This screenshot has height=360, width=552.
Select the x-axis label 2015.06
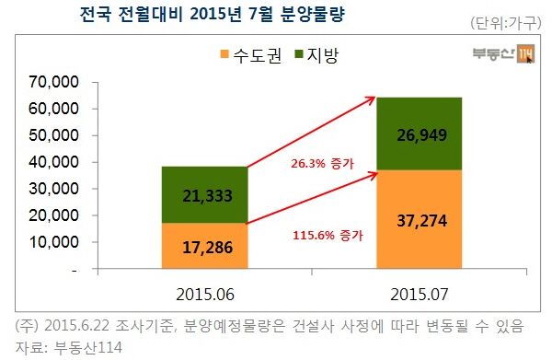[x=205, y=295]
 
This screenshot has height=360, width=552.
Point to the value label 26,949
[x=420, y=135]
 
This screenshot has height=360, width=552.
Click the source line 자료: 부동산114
[x=69, y=346]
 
